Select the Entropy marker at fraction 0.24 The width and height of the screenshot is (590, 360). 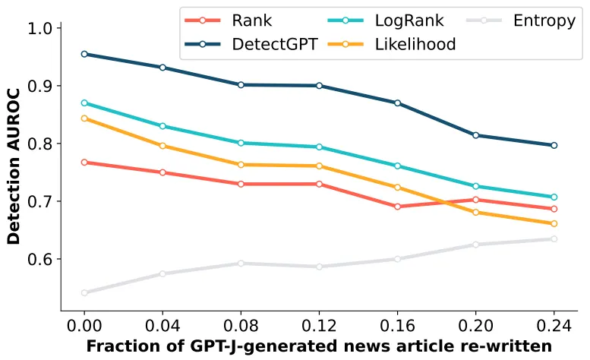click(x=554, y=239)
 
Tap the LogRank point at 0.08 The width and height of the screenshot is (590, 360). click(x=241, y=143)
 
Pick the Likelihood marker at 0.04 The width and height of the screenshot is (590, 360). click(x=162, y=146)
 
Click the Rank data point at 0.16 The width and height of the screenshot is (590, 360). click(x=397, y=207)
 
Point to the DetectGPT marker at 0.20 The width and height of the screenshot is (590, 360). click(x=476, y=135)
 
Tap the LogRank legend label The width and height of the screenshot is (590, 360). click(x=409, y=21)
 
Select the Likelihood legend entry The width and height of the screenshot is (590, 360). click(x=415, y=44)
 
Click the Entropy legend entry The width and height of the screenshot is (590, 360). click(x=544, y=21)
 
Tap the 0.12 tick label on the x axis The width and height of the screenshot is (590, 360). click(x=319, y=325)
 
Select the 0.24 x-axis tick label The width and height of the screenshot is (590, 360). click(x=554, y=325)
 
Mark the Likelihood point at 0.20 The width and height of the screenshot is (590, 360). click(x=476, y=213)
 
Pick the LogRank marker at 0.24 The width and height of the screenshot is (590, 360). click(x=554, y=197)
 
